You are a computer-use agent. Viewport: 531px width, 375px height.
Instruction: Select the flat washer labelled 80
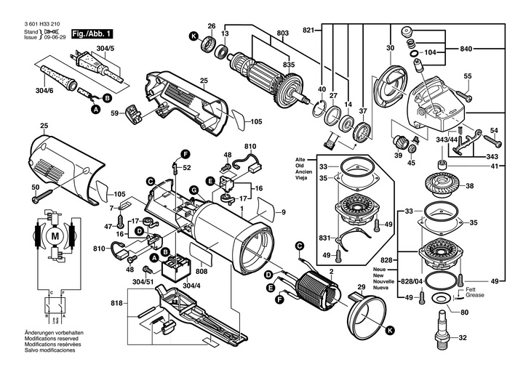[441, 300]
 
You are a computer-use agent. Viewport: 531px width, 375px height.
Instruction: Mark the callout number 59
[115, 113]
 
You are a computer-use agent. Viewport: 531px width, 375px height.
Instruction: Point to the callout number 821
[309, 30]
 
